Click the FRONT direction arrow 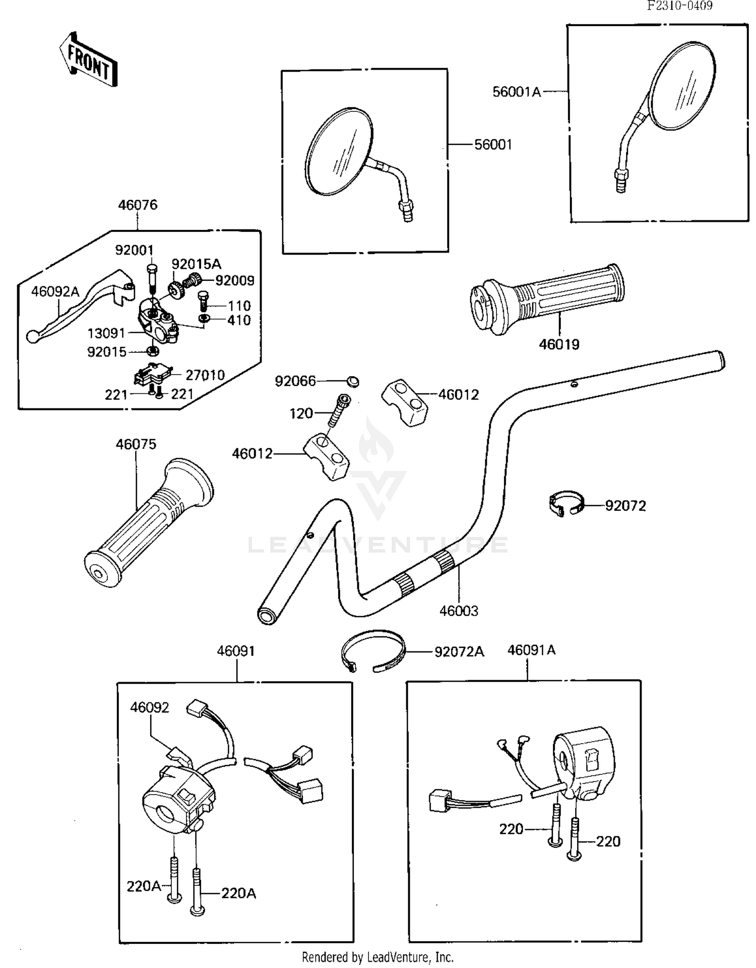click(x=89, y=60)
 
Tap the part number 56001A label click(x=516, y=92)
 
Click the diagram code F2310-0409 click(x=679, y=6)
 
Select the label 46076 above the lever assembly click(x=138, y=205)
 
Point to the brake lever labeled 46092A click(x=76, y=308)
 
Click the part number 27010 click(x=205, y=375)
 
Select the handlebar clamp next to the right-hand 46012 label click(x=404, y=402)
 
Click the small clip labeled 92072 click(x=566, y=504)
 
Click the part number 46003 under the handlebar click(x=459, y=611)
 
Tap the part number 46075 click(x=136, y=444)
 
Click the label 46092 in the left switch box click(x=150, y=708)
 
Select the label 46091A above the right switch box click(x=531, y=650)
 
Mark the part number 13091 click(x=106, y=333)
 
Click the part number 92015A click(x=196, y=264)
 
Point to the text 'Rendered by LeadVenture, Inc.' click(x=377, y=957)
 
